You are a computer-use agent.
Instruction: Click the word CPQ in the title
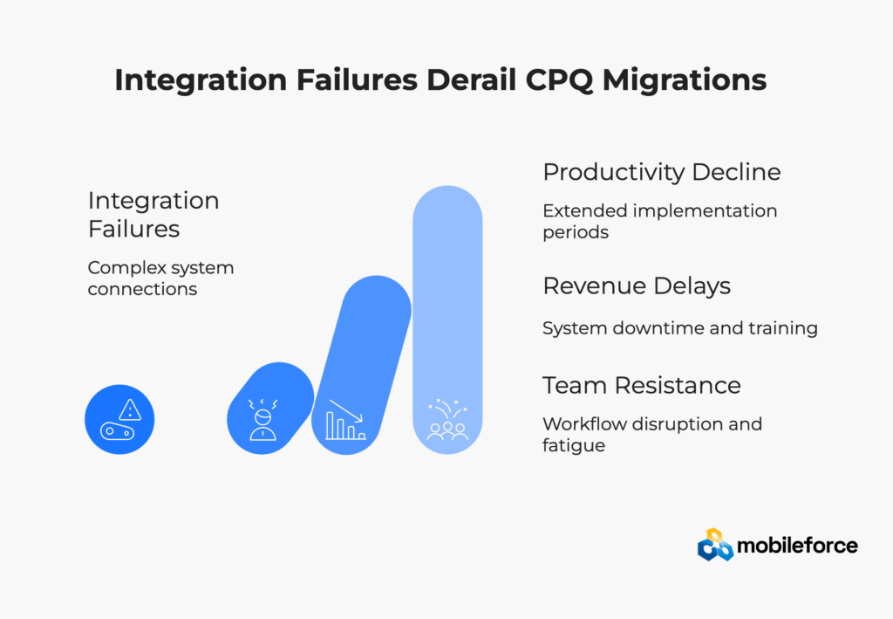click(x=558, y=79)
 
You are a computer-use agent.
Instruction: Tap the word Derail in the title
click(x=471, y=79)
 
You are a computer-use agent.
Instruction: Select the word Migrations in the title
click(x=685, y=80)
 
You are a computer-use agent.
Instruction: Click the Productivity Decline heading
click(x=661, y=172)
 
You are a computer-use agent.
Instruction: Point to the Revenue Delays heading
click(x=636, y=286)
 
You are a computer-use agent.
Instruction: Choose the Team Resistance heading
click(x=641, y=385)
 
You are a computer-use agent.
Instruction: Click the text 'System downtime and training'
click(x=680, y=328)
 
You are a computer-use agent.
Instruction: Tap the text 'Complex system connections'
click(x=160, y=279)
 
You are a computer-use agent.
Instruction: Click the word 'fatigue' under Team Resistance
click(x=574, y=445)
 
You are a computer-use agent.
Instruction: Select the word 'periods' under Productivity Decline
click(x=576, y=232)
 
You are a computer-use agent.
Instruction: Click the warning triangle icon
click(x=131, y=409)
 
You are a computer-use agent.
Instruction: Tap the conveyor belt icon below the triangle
click(x=118, y=431)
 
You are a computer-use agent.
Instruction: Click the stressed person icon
click(x=262, y=420)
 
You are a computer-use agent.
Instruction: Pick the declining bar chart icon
click(x=345, y=420)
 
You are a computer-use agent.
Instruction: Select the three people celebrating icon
click(x=447, y=420)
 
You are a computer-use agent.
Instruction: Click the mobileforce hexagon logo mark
click(x=715, y=545)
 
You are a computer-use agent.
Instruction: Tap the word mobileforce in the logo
click(x=797, y=546)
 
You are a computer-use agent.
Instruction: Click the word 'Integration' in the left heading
click(x=153, y=201)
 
